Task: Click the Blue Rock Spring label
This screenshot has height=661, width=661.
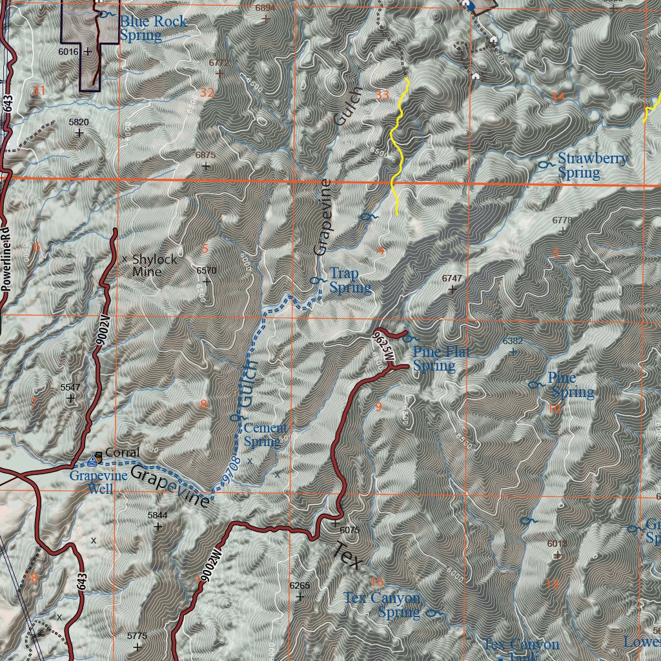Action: (153, 28)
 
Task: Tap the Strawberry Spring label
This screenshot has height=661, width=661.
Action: (592, 166)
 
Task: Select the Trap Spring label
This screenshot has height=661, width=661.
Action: (350, 281)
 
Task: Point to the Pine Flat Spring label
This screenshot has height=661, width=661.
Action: (442, 359)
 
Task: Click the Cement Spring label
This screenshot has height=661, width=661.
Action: (265, 435)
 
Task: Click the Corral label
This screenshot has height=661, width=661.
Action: (122, 453)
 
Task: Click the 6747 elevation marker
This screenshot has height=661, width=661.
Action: (452, 278)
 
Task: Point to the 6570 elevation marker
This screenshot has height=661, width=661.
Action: (206, 270)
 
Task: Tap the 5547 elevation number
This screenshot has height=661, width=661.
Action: (70, 387)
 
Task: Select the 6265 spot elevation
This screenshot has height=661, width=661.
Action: (300, 585)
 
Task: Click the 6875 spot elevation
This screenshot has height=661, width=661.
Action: (205, 156)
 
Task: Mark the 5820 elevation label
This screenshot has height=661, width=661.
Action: (78, 122)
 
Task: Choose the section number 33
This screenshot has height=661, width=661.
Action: (382, 96)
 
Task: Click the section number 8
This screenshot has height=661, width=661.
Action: (203, 405)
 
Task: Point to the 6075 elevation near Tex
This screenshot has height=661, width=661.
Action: (349, 530)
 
